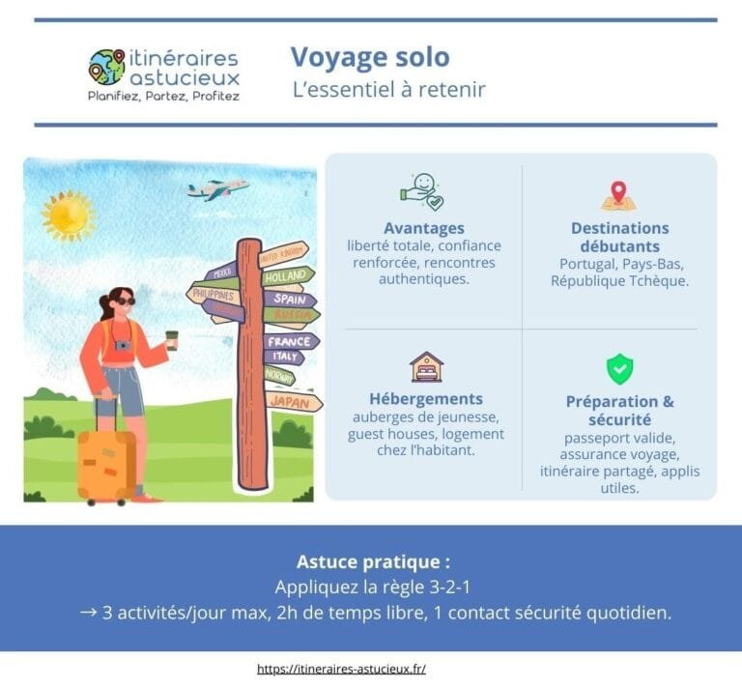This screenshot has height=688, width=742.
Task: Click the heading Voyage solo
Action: point(370,57)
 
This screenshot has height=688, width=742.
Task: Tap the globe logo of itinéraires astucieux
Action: point(106,68)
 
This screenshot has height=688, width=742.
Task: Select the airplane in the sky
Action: point(218,187)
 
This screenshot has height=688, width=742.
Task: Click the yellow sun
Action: point(68,215)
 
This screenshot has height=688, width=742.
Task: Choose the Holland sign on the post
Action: point(287,275)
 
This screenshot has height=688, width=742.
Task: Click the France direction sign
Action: point(289,341)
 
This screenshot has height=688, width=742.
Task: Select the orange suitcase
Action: point(106,464)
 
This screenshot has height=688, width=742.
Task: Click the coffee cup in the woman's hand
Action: point(172,339)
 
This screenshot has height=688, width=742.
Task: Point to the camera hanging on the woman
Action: point(123,344)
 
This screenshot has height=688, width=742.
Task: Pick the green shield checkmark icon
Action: point(619,368)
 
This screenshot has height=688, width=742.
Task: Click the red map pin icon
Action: point(618,194)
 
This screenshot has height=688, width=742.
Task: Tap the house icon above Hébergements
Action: point(425,367)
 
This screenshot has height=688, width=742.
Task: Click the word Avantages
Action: point(424,229)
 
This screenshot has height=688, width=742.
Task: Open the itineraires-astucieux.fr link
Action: point(342,669)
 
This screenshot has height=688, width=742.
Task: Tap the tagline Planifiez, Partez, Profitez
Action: point(163,97)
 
